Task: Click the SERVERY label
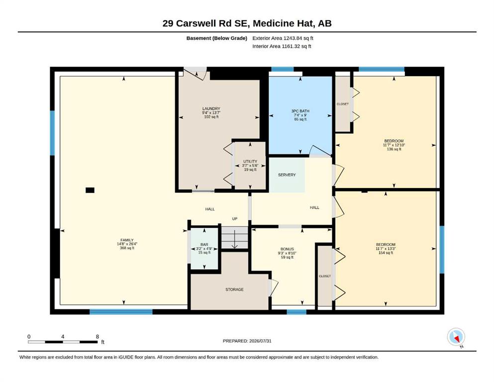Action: pos(287,175)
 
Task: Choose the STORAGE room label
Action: pos(234,289)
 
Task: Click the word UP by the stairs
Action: pos(235,218)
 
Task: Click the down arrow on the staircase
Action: pos(234,240)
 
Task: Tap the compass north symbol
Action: pos(456,337)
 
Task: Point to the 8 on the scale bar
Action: pos(98,336)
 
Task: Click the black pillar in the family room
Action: pos(90,190)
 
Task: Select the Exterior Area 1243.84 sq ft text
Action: pos(283,38)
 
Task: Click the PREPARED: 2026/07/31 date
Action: pos(247,341)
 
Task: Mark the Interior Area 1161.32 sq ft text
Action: pos(282,46)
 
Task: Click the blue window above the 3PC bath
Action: pos(283,69)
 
